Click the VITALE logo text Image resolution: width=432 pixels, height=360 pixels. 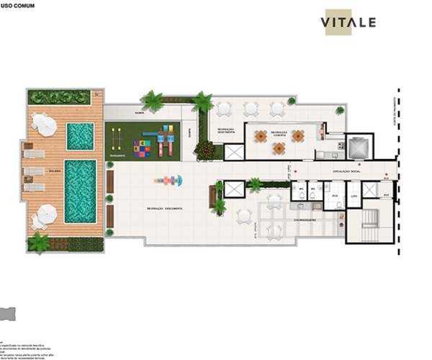(348, 22)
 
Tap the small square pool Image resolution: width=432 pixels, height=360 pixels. (80, 134)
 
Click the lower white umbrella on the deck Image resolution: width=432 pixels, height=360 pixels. (45, 214)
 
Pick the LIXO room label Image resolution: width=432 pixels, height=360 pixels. (354, 195)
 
